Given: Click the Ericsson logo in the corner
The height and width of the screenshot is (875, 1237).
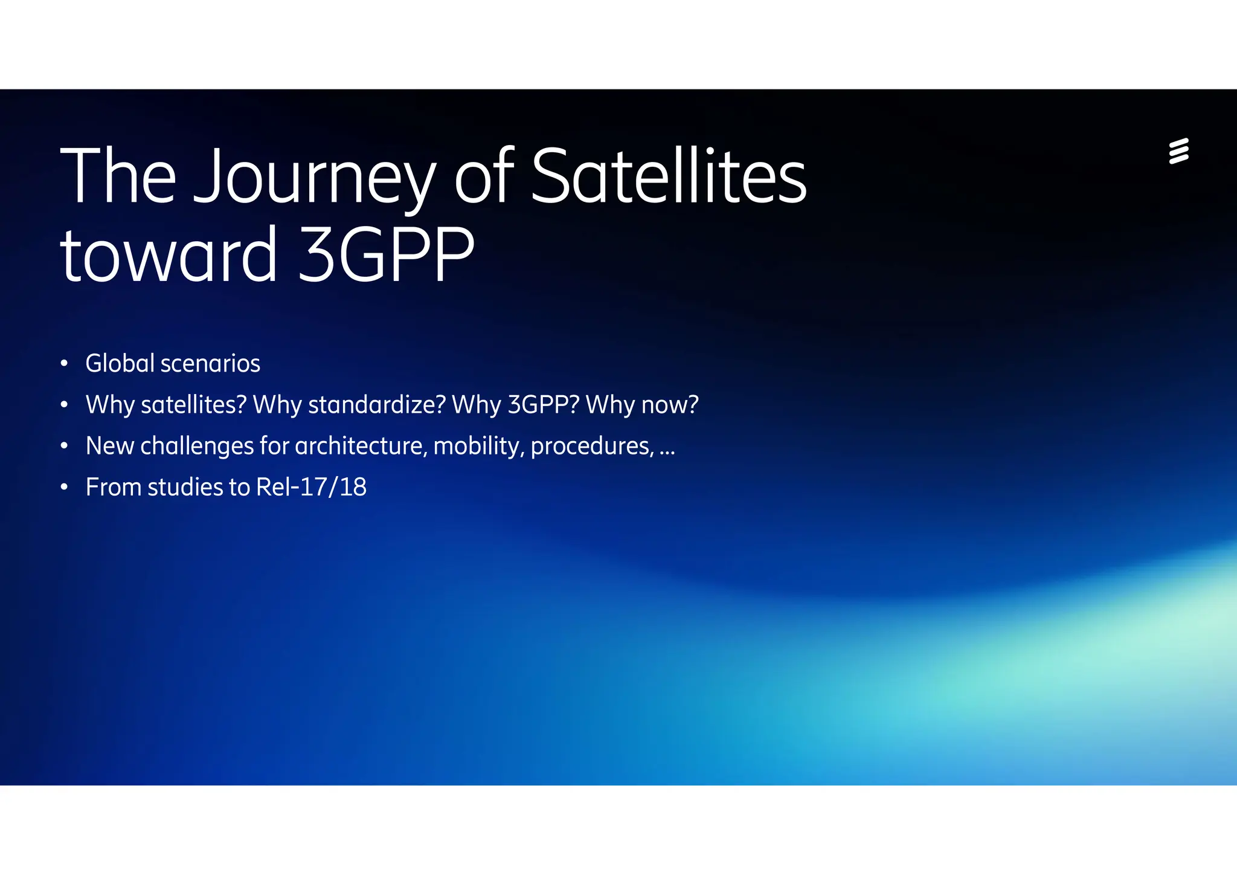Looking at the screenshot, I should coord(1178,151).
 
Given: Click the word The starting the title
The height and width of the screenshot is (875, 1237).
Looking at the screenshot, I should coord(118,176).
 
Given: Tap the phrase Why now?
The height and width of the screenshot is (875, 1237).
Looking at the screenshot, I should coord(642,404).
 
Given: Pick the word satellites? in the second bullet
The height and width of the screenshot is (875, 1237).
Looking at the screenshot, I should coord(193,404).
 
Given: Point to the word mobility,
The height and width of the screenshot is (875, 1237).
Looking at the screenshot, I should coord(478,446).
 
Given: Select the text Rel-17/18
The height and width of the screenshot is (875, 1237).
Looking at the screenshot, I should coord(311,487).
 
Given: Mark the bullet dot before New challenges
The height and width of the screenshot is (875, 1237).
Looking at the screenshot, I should coord(64,447).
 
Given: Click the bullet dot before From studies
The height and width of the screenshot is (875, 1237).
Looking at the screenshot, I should coord(64,488).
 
